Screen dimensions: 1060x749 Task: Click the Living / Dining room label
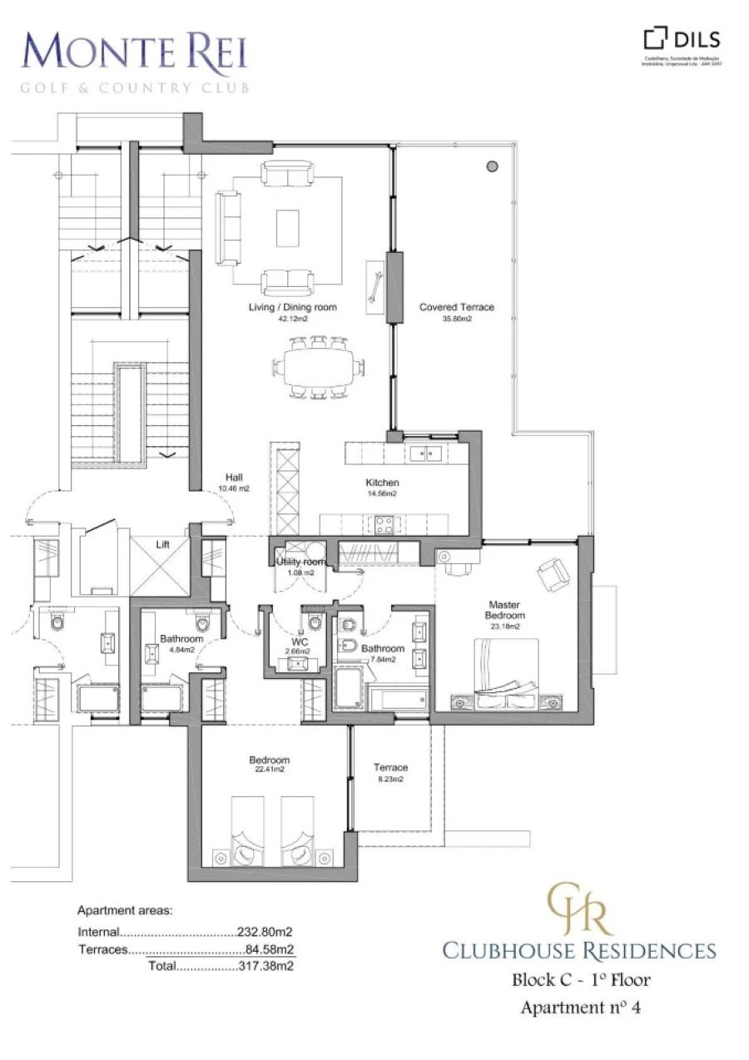[x=292, y=307]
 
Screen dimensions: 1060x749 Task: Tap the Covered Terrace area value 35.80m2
[x=457, y=318]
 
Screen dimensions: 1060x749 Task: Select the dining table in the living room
[x=320, y=366]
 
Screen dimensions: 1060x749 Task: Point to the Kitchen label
[x=382, y=483]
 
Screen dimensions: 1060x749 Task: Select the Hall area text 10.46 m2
[x=234, y=488]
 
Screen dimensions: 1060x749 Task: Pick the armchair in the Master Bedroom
[x=553, y=572]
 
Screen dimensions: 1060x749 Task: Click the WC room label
[x=298, y=641]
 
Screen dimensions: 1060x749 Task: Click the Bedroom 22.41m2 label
[x=269, y=760]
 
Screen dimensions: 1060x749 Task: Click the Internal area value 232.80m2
[x=267, y=932]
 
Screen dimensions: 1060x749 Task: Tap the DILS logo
[x=682, y=39]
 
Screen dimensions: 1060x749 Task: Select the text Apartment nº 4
[x=580, y=1008]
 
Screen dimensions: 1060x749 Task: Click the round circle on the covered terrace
[x=492, y=165]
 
